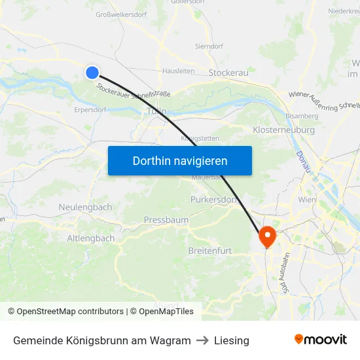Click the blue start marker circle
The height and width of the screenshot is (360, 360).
(92, 73)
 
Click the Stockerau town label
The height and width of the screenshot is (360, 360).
(228, 73)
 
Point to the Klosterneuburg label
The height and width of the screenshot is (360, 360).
(283, 130)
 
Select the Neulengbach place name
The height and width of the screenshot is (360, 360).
(85, 207)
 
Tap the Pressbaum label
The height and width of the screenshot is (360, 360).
(166, 220)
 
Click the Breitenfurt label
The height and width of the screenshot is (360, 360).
(210, 251)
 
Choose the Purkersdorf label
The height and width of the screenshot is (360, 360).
(212, 199)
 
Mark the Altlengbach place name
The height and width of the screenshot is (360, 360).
(90, 238)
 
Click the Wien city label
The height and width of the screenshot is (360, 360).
(307, 199)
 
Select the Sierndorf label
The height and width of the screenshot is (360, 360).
(209, 46)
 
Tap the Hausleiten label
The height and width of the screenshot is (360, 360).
(178, 71)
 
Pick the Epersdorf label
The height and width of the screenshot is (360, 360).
(90, 110)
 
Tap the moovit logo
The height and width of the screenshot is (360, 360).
(321, 340)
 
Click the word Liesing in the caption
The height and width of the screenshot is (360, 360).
(232, 340)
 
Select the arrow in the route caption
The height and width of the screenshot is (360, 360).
(202, 340)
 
